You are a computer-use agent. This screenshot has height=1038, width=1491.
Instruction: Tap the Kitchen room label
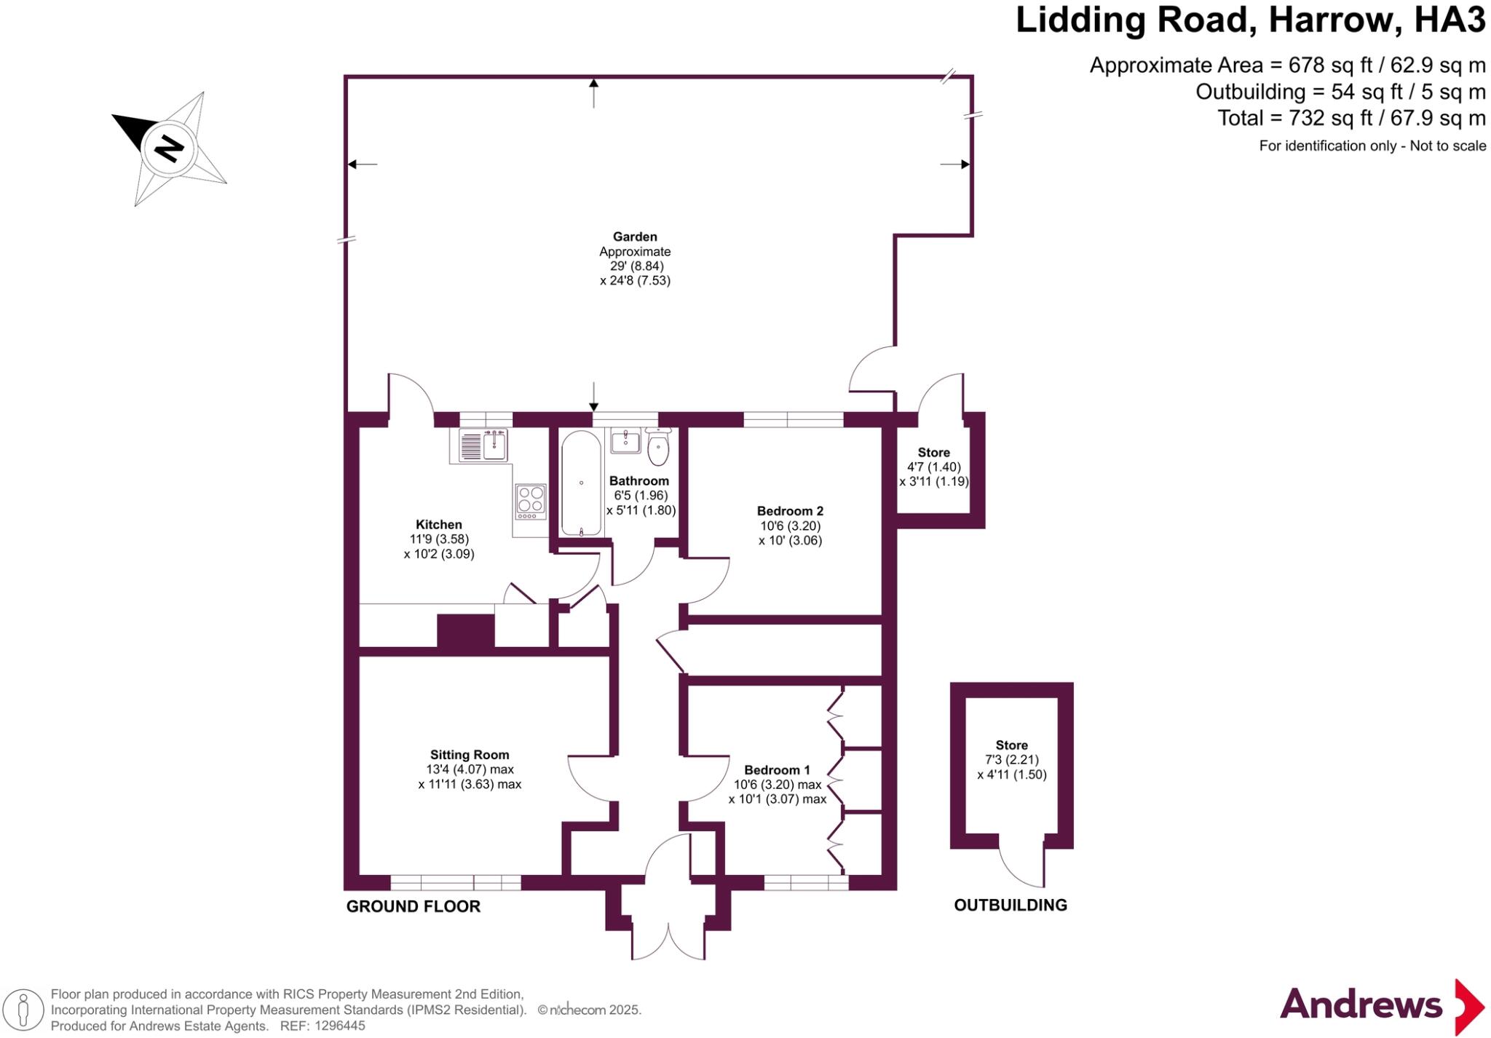[438, 524]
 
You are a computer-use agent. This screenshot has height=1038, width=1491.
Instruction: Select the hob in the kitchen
[531, 501]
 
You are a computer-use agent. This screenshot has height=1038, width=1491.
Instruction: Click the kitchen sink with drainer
[483, 445]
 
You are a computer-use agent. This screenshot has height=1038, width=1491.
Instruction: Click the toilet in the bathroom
[658, 448]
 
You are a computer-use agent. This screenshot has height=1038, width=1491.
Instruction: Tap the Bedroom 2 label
[790, 511]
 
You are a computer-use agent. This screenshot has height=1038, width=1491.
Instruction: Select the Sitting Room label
[470, 755]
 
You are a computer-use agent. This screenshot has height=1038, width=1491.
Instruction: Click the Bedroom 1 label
[777, 770]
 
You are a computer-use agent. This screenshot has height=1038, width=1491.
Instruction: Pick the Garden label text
[635, 237]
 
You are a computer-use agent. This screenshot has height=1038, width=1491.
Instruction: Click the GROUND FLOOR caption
[413, 906]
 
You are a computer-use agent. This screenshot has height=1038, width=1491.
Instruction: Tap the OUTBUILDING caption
[1011, 905]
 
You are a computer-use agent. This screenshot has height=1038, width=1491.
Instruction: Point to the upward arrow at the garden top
[593, 91]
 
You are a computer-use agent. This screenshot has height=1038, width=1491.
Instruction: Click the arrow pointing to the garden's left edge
[361, 164]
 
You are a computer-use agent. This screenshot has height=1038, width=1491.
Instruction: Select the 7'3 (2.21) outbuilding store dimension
[1011, 760]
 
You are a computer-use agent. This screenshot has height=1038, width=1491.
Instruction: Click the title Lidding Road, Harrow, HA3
[1249, 20]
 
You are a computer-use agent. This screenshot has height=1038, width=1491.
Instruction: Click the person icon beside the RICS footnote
[24, 1010]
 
